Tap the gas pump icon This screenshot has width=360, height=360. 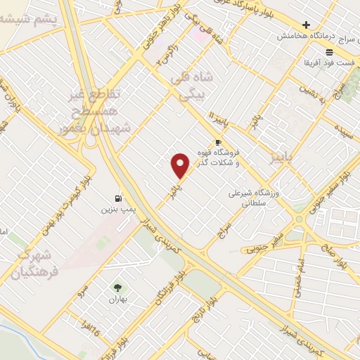click(117, 198)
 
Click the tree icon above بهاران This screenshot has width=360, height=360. click(117, 287)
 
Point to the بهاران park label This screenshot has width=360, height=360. click(117, 298)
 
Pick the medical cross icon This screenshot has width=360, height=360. click(306, 25)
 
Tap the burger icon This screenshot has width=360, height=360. click(329, 53)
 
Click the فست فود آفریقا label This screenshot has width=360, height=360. click(328, 63)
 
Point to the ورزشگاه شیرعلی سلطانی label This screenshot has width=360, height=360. click(255, 198)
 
